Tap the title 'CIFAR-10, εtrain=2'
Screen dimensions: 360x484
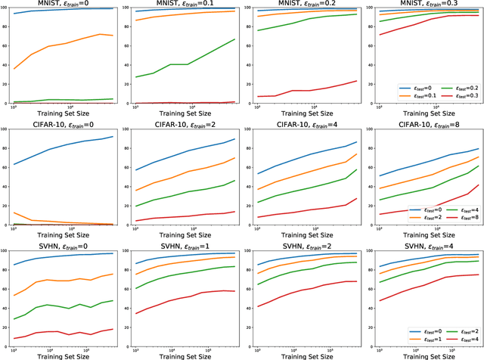(185, 124)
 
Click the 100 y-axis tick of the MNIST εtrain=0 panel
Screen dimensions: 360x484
(6, 8)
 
